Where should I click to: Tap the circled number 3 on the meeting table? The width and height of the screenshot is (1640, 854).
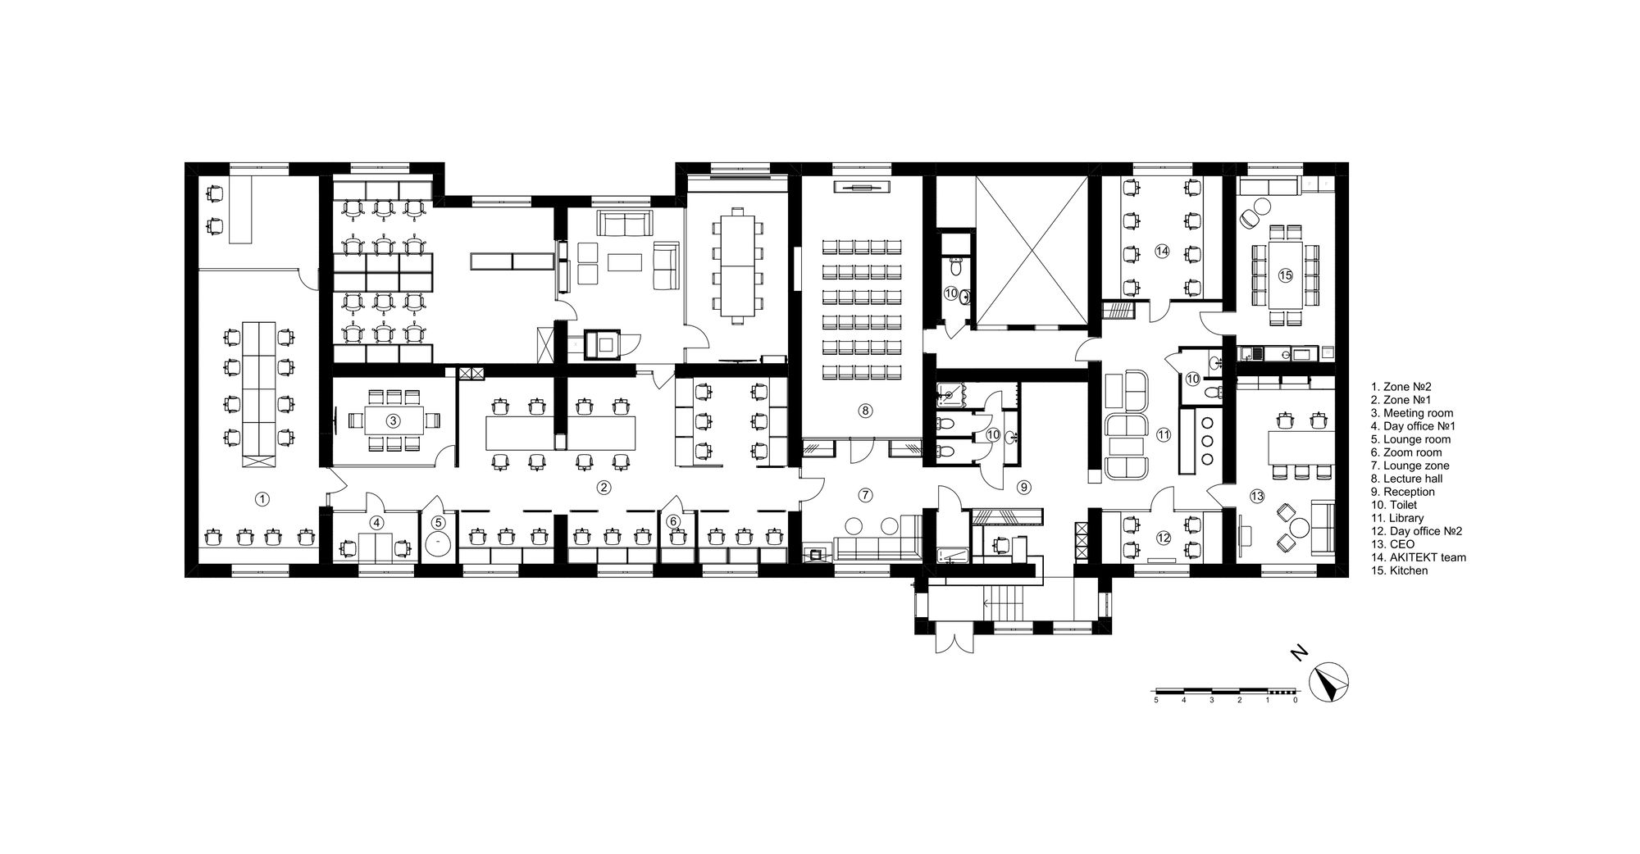pos(393,420)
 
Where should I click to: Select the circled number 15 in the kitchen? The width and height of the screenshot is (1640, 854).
pos(1285,275)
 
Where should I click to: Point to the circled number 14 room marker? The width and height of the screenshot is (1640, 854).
pos(1161,252)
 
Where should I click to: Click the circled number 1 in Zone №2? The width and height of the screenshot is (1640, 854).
pos(262,497)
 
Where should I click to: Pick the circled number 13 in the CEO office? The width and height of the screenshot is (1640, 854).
pos(1257,496)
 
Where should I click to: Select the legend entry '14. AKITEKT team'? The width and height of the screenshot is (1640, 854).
pos(1418,557)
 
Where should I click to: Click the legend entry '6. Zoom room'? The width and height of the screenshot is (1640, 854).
pos(1405,452)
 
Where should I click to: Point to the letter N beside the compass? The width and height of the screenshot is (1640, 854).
pos(1298,653)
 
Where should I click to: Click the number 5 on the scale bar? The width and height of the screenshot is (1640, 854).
pos(1156,701)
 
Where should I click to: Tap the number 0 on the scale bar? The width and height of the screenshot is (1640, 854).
pos(1295,701)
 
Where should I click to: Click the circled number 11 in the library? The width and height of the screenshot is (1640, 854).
pos(1163,435)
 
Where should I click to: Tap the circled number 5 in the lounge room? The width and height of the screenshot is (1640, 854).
pos(439,521)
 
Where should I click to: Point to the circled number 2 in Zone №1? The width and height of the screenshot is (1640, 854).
pos(604,488)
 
